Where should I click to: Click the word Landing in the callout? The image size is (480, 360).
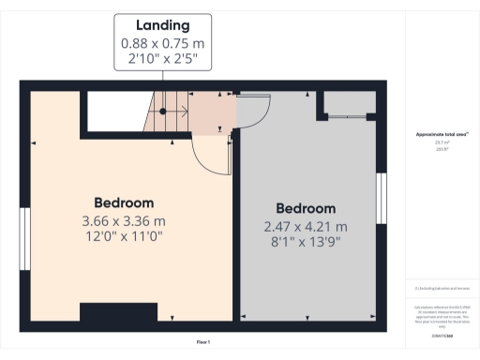(163, 25)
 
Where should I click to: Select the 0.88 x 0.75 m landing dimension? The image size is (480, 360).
(163, 43)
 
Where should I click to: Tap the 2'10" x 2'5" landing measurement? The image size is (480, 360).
(163, 59)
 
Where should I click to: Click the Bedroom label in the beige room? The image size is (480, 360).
(124, 202)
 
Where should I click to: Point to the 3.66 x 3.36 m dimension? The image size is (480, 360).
(124, 221)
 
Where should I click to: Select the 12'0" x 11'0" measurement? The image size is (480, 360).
(124, 238)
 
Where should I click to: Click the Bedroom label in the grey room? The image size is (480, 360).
(306, 208)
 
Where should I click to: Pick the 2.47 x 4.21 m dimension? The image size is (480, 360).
(306, 227)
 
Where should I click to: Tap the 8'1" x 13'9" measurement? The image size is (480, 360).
(306, 243)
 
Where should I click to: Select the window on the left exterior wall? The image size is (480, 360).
(24, 231)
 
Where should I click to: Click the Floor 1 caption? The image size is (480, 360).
(202, 342)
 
